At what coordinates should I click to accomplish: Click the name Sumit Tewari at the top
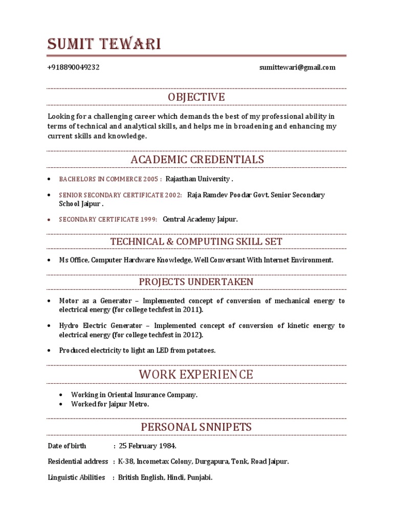[104, 45]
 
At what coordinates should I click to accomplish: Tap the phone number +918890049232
[74, 68]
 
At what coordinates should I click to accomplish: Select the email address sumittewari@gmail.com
[297, 68]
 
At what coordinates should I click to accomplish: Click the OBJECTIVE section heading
[196, 97]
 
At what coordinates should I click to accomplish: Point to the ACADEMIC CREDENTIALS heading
[197, 160]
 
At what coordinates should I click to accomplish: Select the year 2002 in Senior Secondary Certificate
[172, 195]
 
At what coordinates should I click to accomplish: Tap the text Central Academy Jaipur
[200, 219]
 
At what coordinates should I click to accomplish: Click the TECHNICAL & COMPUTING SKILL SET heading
[196, 242]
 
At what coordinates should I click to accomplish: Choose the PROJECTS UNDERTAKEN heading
[196, 282]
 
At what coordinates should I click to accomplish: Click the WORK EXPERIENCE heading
[196, 375]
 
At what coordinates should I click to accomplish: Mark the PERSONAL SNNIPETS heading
[196, 427]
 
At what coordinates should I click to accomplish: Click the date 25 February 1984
[147, 446]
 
